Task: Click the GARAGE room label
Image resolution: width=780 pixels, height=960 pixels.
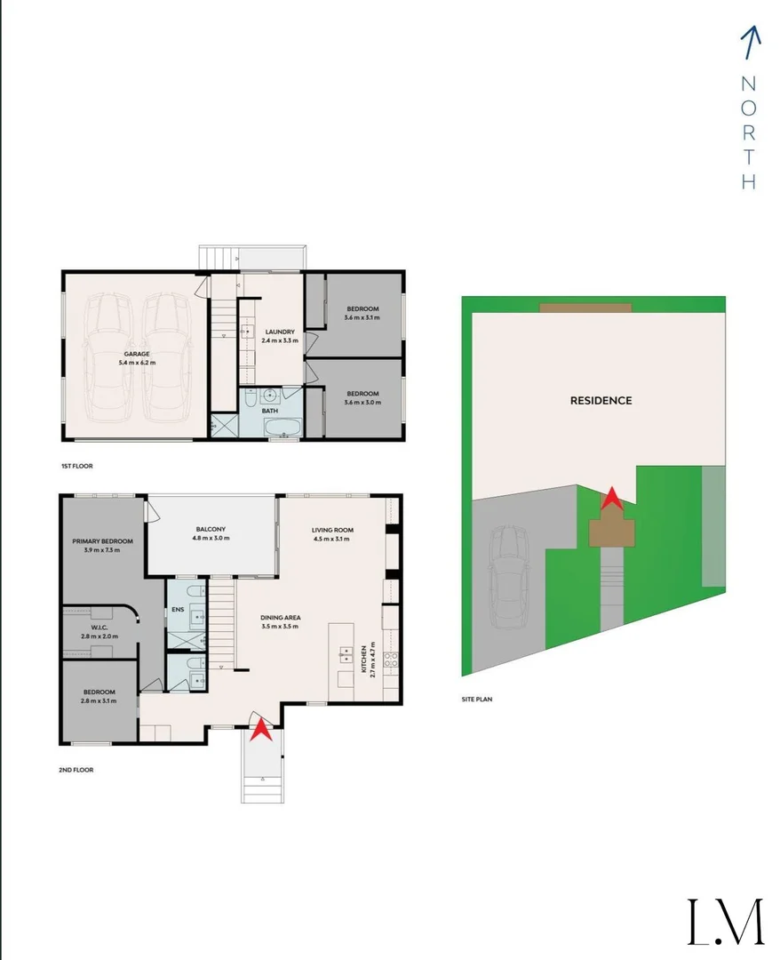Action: pos(137,354)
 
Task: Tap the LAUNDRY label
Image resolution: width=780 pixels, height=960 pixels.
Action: pos(278,332)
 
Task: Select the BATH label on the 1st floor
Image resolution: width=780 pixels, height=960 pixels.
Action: pos(271,412)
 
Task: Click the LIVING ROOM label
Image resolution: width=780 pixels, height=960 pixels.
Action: pos(333,530)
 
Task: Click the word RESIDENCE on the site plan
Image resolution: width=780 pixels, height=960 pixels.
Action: pos(601,401)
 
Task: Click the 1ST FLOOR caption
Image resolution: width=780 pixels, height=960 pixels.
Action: pos(77,466)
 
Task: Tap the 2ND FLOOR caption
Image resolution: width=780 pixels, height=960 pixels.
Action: pos(76,770)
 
